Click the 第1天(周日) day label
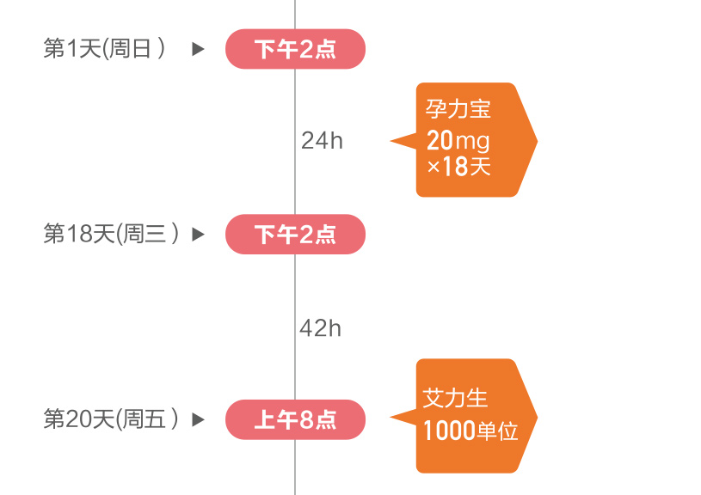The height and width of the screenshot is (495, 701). pos(104,49)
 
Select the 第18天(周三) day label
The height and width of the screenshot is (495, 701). pos(111,234)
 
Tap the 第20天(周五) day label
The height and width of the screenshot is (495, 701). pos(111,419)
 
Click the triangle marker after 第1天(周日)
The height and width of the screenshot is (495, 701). pos(198,49)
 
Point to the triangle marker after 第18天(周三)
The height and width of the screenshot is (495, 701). pos(198,234)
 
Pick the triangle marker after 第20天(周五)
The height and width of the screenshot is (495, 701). pos(198,419)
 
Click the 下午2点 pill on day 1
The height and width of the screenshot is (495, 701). pos(295,49)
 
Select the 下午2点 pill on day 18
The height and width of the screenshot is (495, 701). pos(295,234)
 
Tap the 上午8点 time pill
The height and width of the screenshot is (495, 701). pos(295,419)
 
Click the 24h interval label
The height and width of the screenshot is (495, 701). pos(322,141)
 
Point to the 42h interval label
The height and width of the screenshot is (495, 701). pos(320,327)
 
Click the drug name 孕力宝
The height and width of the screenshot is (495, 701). pos(458,109)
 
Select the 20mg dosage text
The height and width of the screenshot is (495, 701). pos(458,139)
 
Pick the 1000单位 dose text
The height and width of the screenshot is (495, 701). pos(470,431)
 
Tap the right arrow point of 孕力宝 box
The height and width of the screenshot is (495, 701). pos(536,140)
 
